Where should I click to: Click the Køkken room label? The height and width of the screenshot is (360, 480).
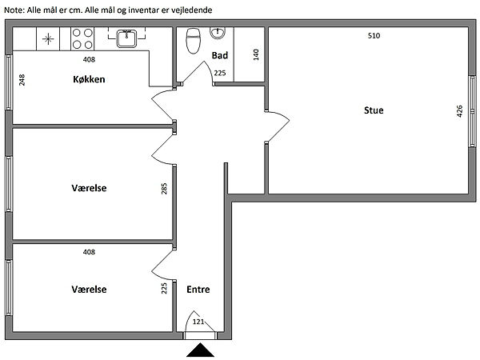[89, 79]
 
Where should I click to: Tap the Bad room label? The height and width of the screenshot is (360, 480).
[220, 55]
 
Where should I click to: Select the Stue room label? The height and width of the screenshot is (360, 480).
[374, 110]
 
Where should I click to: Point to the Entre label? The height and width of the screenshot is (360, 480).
[198, 290]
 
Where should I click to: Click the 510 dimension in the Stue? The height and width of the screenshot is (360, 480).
[374, 36]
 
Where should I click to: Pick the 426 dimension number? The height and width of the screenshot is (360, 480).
[459, 111]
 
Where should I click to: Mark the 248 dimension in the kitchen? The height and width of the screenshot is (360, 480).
[22, 80]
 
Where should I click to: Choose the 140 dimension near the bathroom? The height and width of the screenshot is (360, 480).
[256, 54]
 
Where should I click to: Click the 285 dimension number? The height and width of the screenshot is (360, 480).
[164, 189]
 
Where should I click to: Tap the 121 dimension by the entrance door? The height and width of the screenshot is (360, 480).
[198, 322]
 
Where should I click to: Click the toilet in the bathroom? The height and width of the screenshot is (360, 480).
[193, 41]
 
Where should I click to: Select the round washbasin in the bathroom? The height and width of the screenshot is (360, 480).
[218, 33]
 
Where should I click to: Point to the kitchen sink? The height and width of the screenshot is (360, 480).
[126, 38]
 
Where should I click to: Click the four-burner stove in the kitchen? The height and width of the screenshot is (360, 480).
[82, 38]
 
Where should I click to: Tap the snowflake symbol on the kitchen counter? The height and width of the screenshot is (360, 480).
[48, 39]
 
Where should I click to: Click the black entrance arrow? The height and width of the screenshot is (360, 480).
[200, 350]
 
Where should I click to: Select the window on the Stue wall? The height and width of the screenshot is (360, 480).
[473, 111]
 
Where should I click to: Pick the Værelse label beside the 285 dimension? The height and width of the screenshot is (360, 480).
[89, 188]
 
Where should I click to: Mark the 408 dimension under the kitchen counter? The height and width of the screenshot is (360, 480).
[89, 59]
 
